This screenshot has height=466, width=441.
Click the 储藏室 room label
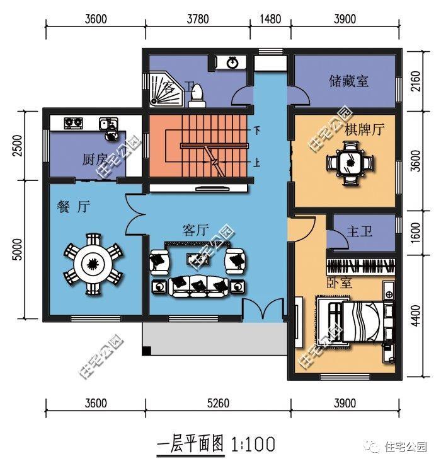click(348, 81)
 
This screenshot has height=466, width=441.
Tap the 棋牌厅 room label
click(364, 130)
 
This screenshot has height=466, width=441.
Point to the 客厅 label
click(195, 230)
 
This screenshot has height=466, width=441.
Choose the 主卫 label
click(360, 232)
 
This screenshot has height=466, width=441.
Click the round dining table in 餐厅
click(92, 264)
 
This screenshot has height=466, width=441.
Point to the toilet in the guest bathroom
click(197, 93)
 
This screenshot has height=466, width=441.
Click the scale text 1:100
click(253, 445)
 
